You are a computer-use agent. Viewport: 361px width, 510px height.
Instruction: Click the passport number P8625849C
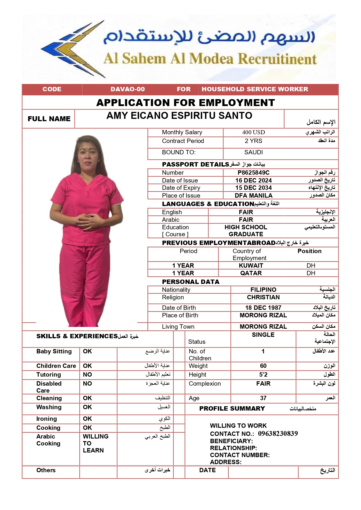pos(253,173)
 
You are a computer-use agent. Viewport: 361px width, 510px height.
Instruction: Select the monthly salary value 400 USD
pos(253,133)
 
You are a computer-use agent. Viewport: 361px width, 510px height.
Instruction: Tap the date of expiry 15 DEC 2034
pos(253,188)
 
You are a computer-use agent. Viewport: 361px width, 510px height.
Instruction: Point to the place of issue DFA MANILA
pos(253,196)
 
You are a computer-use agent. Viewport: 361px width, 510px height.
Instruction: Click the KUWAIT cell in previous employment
pos(251,266)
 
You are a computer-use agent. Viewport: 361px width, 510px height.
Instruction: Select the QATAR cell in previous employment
pos(251,273)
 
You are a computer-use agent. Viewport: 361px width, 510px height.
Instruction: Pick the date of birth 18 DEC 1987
pos(263,308)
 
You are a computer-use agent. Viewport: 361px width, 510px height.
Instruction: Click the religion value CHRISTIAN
pos(263,297)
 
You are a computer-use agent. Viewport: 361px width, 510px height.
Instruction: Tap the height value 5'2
pos(263,375)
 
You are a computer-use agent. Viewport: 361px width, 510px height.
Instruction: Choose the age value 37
pos(263,398)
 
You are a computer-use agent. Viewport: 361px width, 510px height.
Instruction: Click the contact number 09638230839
pos(278,434)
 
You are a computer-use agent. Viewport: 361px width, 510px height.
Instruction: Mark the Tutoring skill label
pos(49,375)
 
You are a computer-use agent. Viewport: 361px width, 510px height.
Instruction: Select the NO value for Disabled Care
pos(87,384)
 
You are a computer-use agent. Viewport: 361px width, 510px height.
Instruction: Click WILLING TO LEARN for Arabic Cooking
pos(95,443)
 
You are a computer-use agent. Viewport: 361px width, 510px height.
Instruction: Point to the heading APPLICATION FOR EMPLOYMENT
pos(186,103)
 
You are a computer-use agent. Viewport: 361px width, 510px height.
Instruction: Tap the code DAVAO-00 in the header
pos(127,89)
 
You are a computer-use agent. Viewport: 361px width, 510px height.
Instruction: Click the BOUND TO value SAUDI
pos(253,152)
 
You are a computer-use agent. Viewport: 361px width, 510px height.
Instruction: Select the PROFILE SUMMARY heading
pos(232,409)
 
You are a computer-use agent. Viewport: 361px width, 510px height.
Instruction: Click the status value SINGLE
pos(263,335)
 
